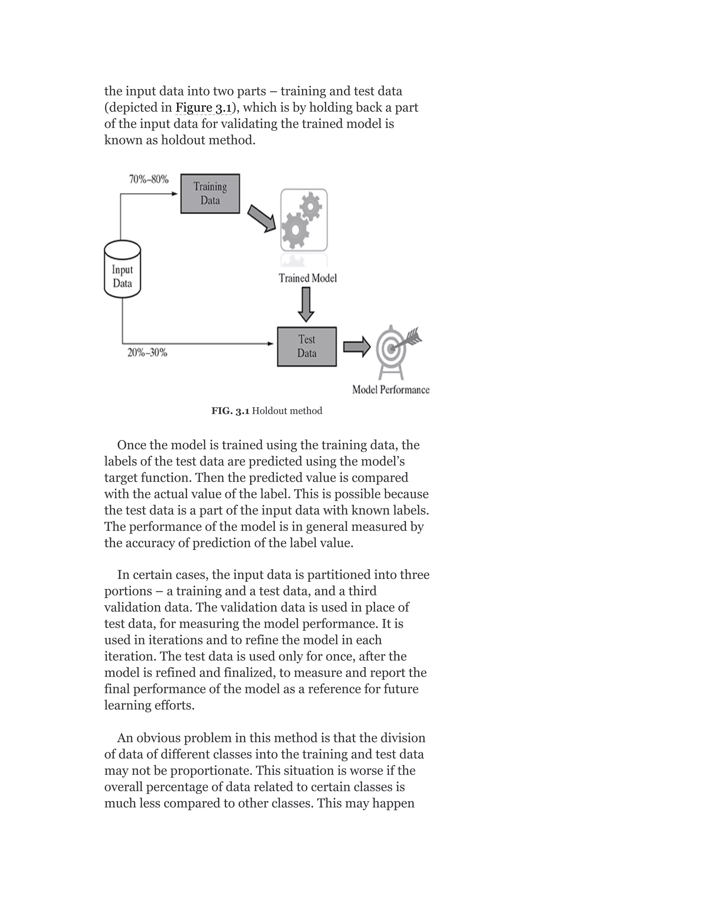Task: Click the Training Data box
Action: point(210,193)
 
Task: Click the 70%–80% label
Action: point(149,179)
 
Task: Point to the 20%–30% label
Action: point(147,353)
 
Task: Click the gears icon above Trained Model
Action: point(304,220)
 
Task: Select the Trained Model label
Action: point(307,278)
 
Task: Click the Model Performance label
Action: point(390,389)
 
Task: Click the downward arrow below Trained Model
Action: point(306,304)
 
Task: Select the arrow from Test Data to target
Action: point(356,347)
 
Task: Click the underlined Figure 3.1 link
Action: point(203,107)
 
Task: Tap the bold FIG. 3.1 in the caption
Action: point(230,411)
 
